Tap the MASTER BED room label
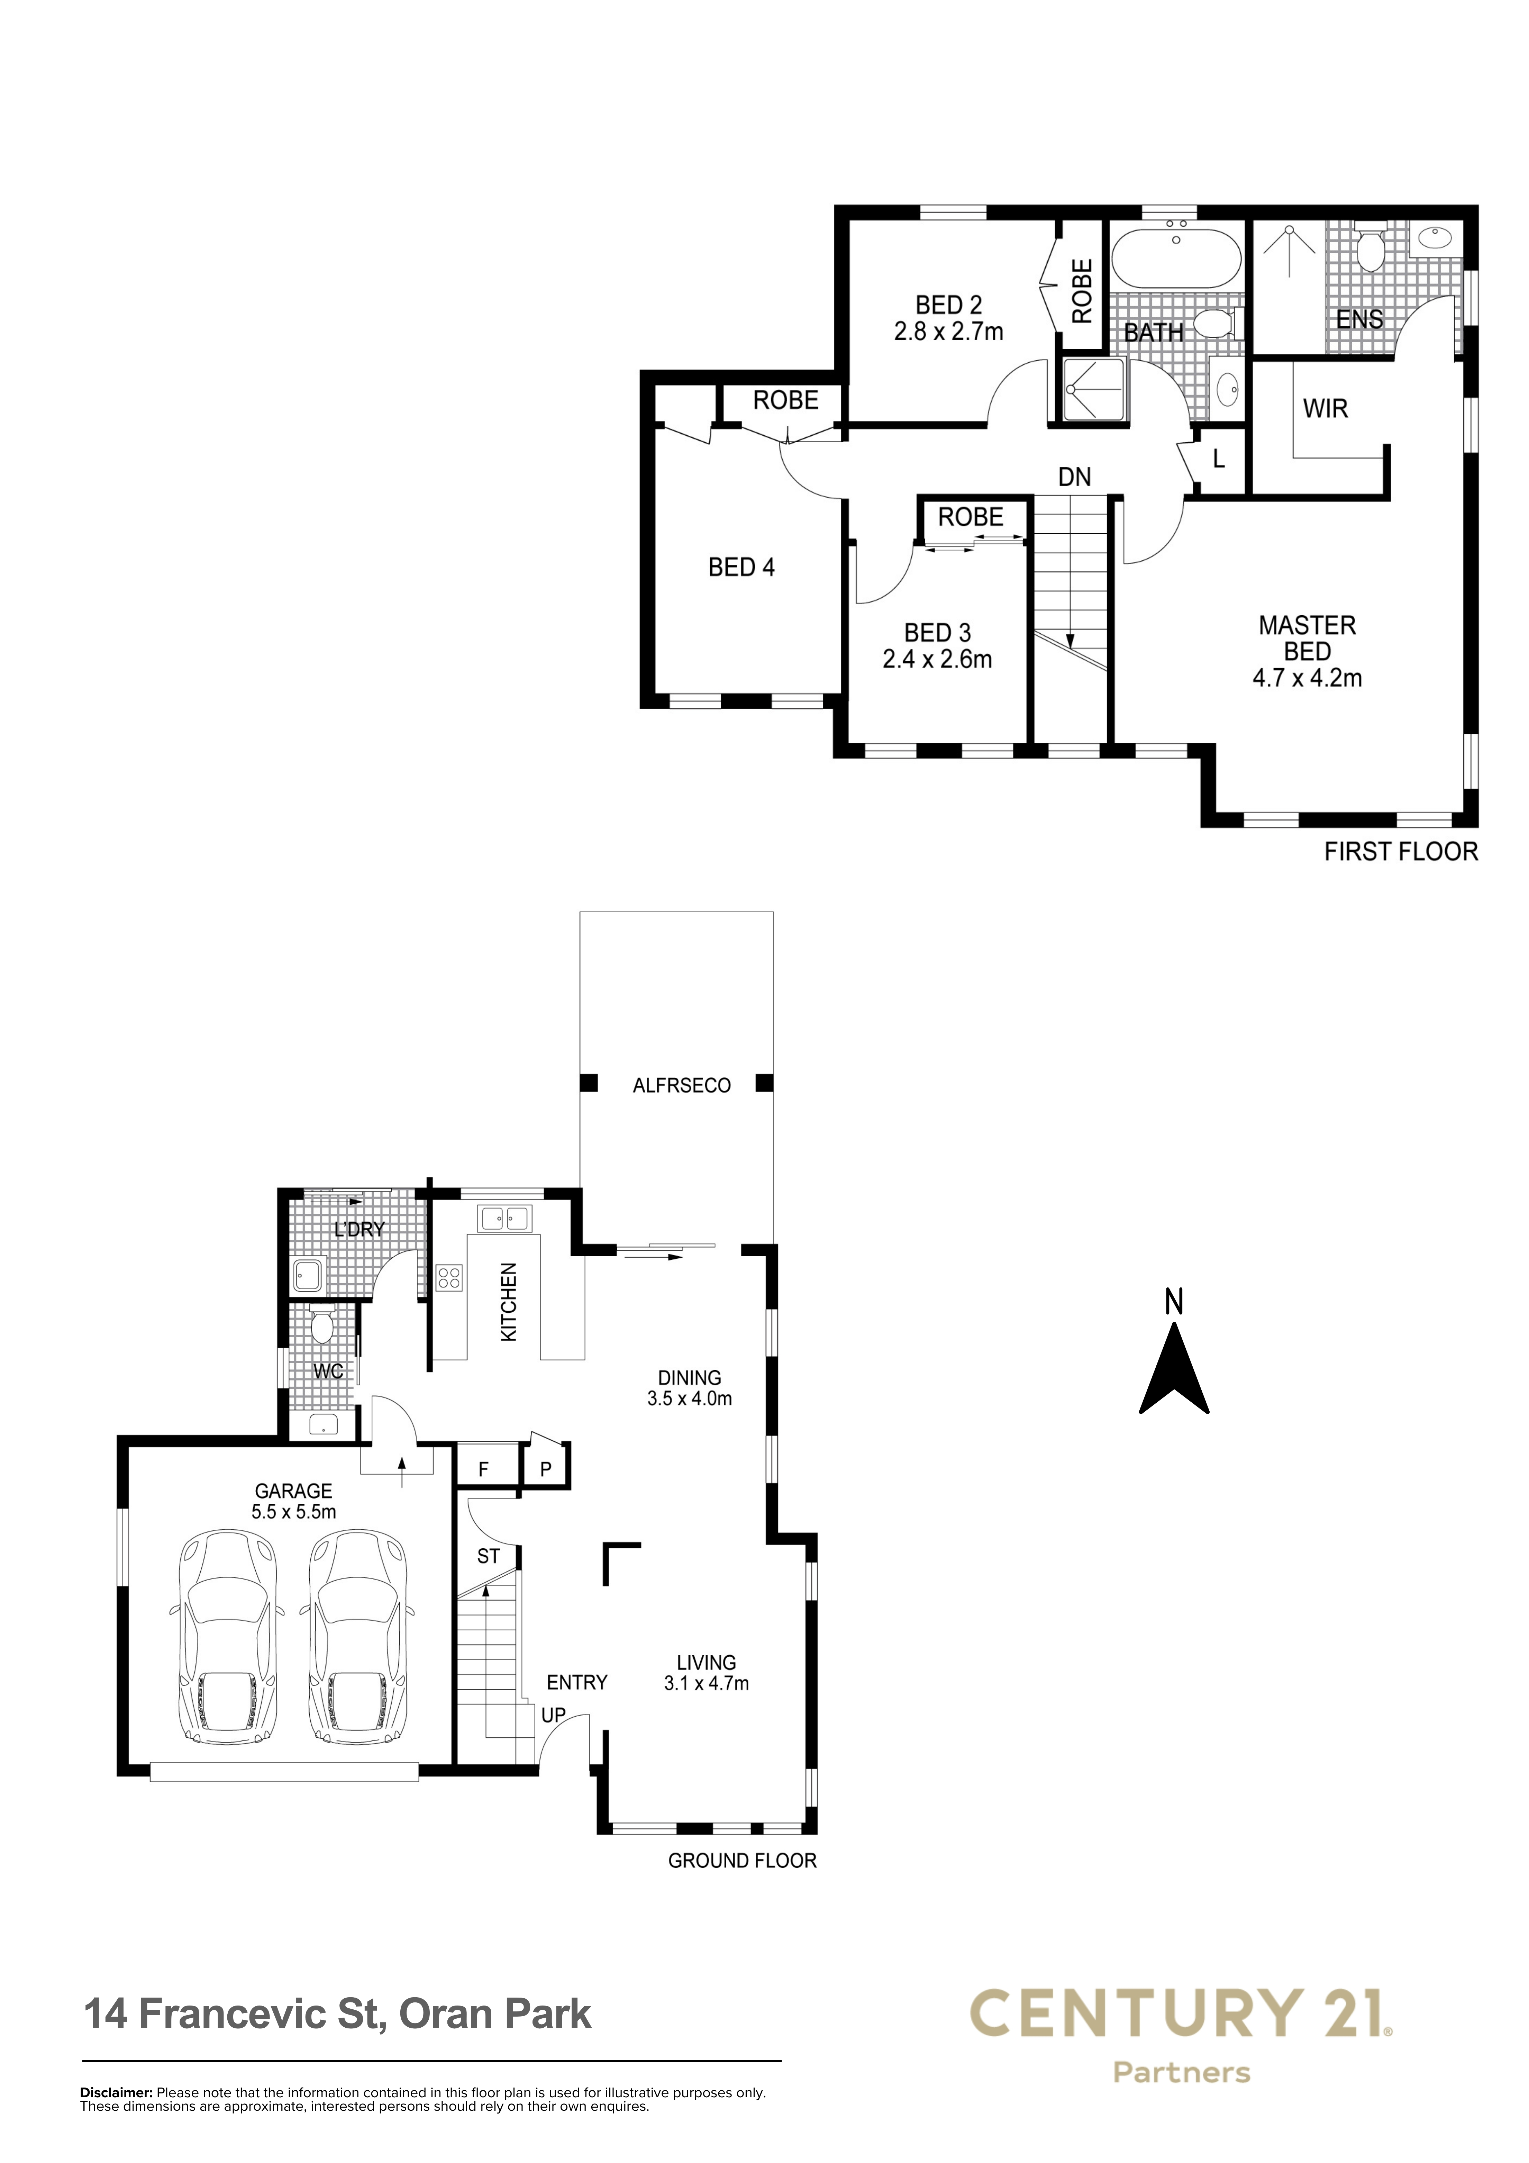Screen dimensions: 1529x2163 1308,638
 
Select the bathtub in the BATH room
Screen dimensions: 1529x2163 1176,258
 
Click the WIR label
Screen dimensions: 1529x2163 1326,409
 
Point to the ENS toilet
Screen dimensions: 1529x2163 1368,246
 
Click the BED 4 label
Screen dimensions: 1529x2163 741,567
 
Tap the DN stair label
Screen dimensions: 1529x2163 1075,477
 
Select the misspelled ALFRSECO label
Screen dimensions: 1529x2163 681,1085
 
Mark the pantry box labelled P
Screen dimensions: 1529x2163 545,1469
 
